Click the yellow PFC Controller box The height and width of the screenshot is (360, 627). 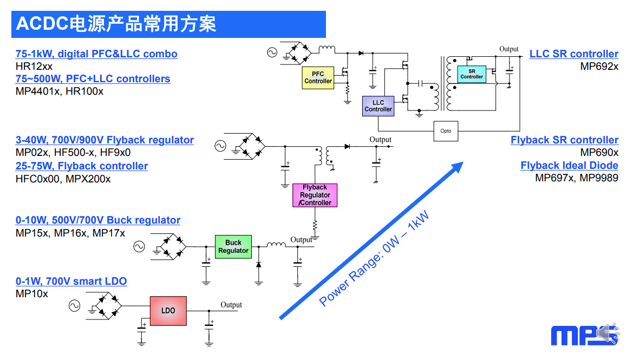coord(318,77)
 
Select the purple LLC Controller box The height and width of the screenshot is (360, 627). coord(378,106)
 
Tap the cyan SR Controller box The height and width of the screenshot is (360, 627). coord(472,74)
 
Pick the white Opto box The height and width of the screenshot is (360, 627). coord(446,131)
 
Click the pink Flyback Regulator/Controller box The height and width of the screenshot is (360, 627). coord(315,195)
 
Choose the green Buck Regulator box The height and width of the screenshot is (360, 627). coord(233,246)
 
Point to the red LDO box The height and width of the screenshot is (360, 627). coord(168,311)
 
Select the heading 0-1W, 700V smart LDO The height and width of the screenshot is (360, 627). coord(71,281)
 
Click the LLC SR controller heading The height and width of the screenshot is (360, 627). coord(573,54)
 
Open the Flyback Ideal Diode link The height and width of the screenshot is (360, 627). coord(569,165)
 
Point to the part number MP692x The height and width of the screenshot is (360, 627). coord(599,67)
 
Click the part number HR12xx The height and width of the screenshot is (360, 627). coord(34,67)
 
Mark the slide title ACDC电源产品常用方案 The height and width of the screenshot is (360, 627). coord(116,24)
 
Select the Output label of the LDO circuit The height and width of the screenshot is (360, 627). coord(231,305)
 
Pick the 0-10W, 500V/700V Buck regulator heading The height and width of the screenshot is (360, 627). coord(97,220)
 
